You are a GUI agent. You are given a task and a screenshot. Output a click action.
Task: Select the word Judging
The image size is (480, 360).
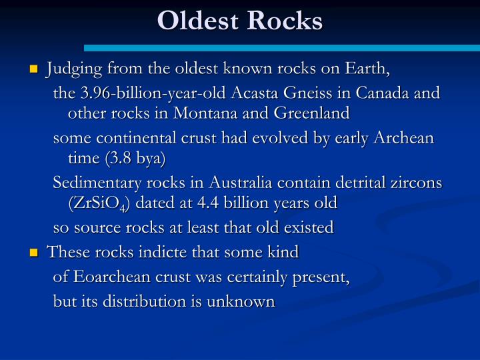73,69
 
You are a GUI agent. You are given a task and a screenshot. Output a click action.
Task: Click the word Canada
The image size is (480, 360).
386,93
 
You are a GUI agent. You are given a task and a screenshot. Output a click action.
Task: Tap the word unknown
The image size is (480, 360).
242,301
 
